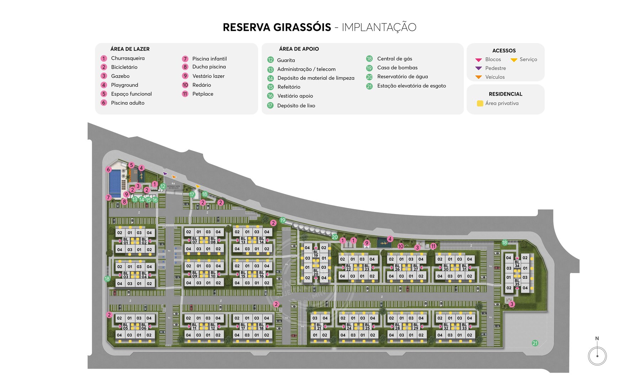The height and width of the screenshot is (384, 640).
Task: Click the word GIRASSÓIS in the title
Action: pos(302,27)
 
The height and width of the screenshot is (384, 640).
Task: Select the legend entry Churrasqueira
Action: pos(128,58)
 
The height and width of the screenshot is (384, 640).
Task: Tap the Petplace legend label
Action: pos(203,94)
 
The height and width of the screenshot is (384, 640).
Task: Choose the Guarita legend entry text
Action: pos(286,60)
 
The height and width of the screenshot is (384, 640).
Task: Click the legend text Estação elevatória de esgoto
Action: pos(411,86)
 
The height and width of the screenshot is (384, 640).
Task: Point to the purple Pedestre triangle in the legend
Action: pos(479,68)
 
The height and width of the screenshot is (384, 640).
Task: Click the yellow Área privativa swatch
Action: pos(480,103)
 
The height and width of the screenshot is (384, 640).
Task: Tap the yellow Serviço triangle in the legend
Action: pos(514,60)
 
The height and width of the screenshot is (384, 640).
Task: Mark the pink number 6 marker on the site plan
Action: pos(108,170)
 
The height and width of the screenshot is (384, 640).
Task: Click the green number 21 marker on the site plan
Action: pos(535,343)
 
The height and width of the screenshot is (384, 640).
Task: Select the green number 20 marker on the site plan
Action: pos(335,237)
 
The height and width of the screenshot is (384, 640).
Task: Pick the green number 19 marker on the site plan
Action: pos(283,220)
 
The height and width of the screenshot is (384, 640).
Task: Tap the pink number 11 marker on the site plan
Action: pos(433,246)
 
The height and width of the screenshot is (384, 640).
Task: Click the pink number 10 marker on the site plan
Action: pos(401,246)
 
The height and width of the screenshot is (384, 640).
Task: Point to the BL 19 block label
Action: pos(316,254)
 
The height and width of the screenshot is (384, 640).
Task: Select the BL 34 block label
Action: pos(517,264)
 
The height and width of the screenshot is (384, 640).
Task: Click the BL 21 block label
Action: pos(319,326)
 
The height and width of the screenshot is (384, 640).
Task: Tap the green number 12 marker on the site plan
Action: pos(162,186)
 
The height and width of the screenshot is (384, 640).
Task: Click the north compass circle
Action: pos(597,356)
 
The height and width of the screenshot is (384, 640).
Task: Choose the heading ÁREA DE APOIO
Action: pos(299,49)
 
